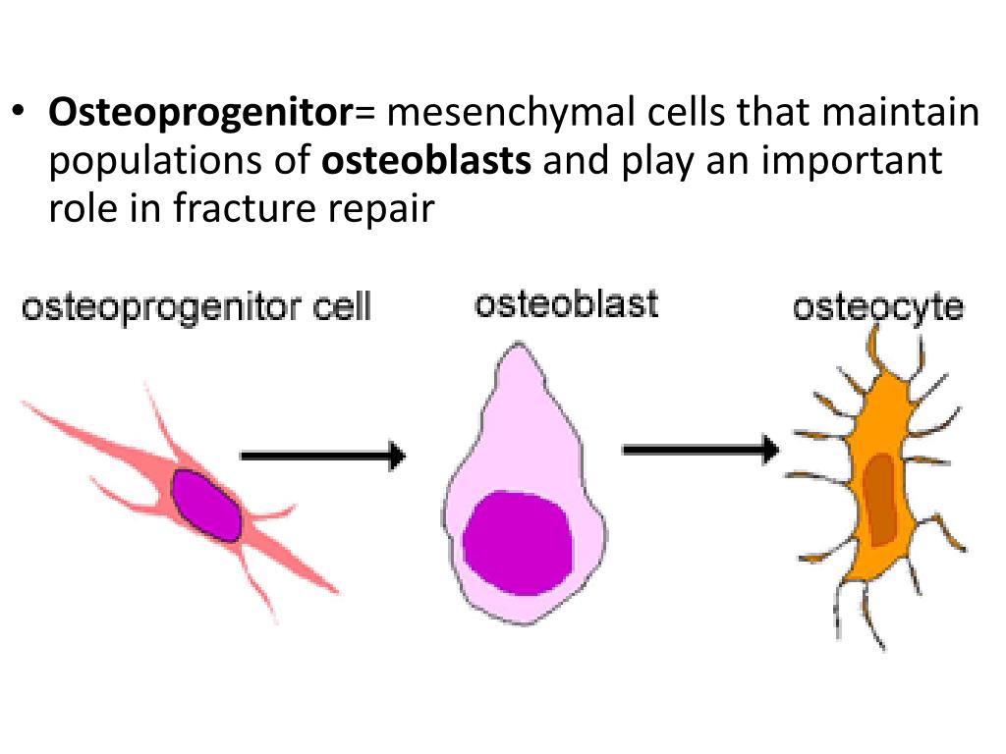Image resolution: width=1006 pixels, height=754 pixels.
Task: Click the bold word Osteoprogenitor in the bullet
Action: tap(200, 115)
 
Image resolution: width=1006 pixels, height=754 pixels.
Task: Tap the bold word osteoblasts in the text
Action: tap(426, 161)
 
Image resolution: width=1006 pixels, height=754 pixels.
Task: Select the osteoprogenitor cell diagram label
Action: tap(196, 308)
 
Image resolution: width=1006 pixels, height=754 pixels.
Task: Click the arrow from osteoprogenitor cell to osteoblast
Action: tap(322, 456)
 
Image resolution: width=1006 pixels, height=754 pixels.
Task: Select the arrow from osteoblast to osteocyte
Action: tap(699, 450)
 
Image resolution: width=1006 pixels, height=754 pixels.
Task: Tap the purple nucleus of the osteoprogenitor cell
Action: tap(206, 504)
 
